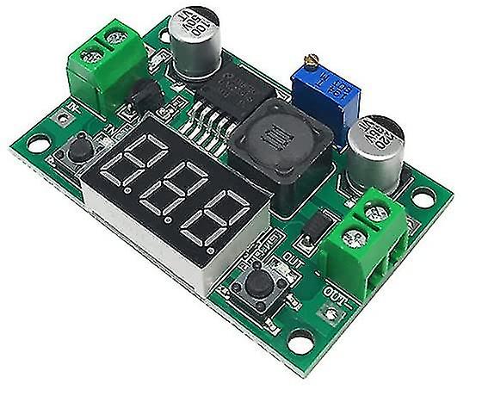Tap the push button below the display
click(x=256, y=282)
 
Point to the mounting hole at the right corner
click(x=422, y=197)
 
